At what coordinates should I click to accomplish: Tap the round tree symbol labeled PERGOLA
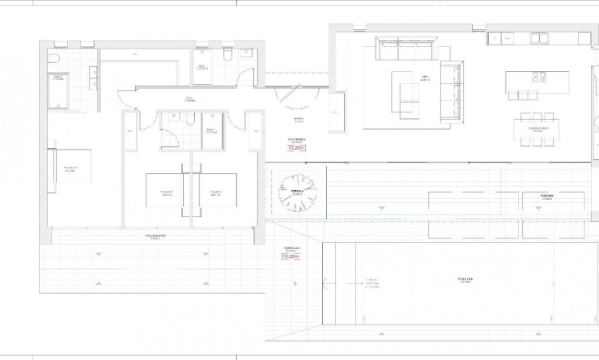295,193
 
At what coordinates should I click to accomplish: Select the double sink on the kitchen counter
539,37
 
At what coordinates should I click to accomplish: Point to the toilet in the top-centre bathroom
228,56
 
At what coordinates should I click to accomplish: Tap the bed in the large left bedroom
68,168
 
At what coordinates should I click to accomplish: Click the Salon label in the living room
423,78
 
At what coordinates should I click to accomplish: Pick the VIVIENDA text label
297,139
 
